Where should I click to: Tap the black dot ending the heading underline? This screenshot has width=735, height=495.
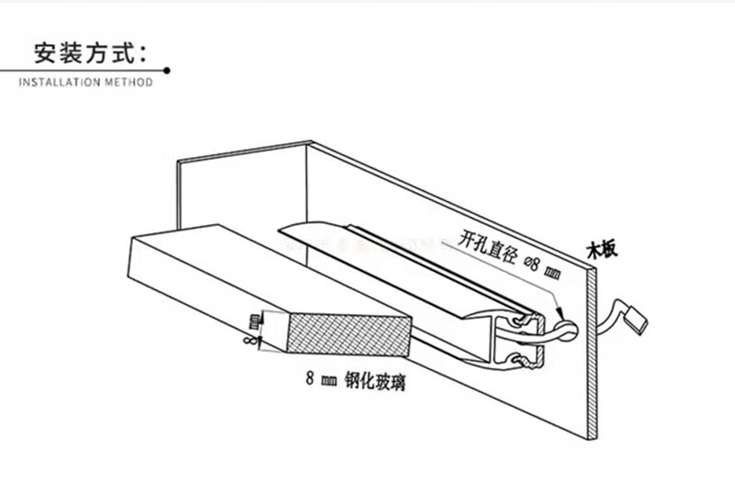[x=166, y=70]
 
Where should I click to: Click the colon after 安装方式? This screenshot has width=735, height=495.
[x=147, y=52]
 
